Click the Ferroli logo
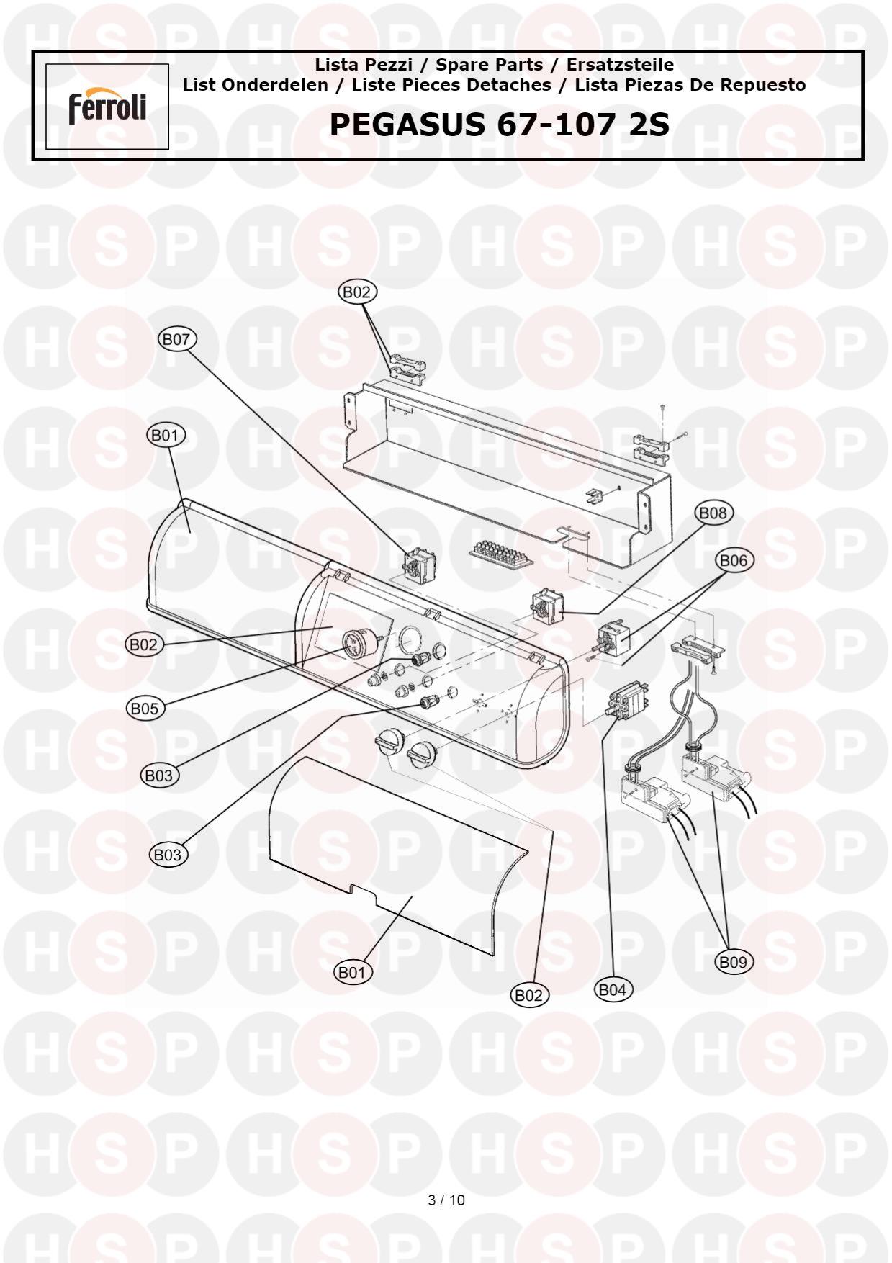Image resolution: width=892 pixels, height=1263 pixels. pyautogui.click(x=107, y=107)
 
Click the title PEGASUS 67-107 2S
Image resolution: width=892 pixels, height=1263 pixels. pyautogui.click(x=500, y=125)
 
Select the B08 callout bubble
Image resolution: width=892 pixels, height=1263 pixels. pyautogui.click(x=713, y=513)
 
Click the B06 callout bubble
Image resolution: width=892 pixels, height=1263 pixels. pyautogui.click(x=734, y=560)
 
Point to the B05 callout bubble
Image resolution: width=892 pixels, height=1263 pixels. pyautogui.click(x=144, y=709)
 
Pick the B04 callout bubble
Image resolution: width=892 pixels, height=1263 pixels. pyautogui.click(x=613, y=989)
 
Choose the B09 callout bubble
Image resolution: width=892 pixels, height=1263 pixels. pyautogui.click(x=734, y=961)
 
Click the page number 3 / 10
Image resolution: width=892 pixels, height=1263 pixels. pyautogui.click(x=446, y=1200)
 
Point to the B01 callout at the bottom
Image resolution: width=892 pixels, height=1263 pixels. pyautogui.click(x=353, y=973)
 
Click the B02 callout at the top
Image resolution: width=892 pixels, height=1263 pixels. pyautogui.click(x=356, y=292)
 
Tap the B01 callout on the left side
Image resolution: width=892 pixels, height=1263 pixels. pyautogui.click(x=166, y=435)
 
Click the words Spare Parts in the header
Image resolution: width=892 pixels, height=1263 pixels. pyautogui.click(x=490, y=65)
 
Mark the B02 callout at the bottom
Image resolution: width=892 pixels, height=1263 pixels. pyautogui.click(x=529, y=995)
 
